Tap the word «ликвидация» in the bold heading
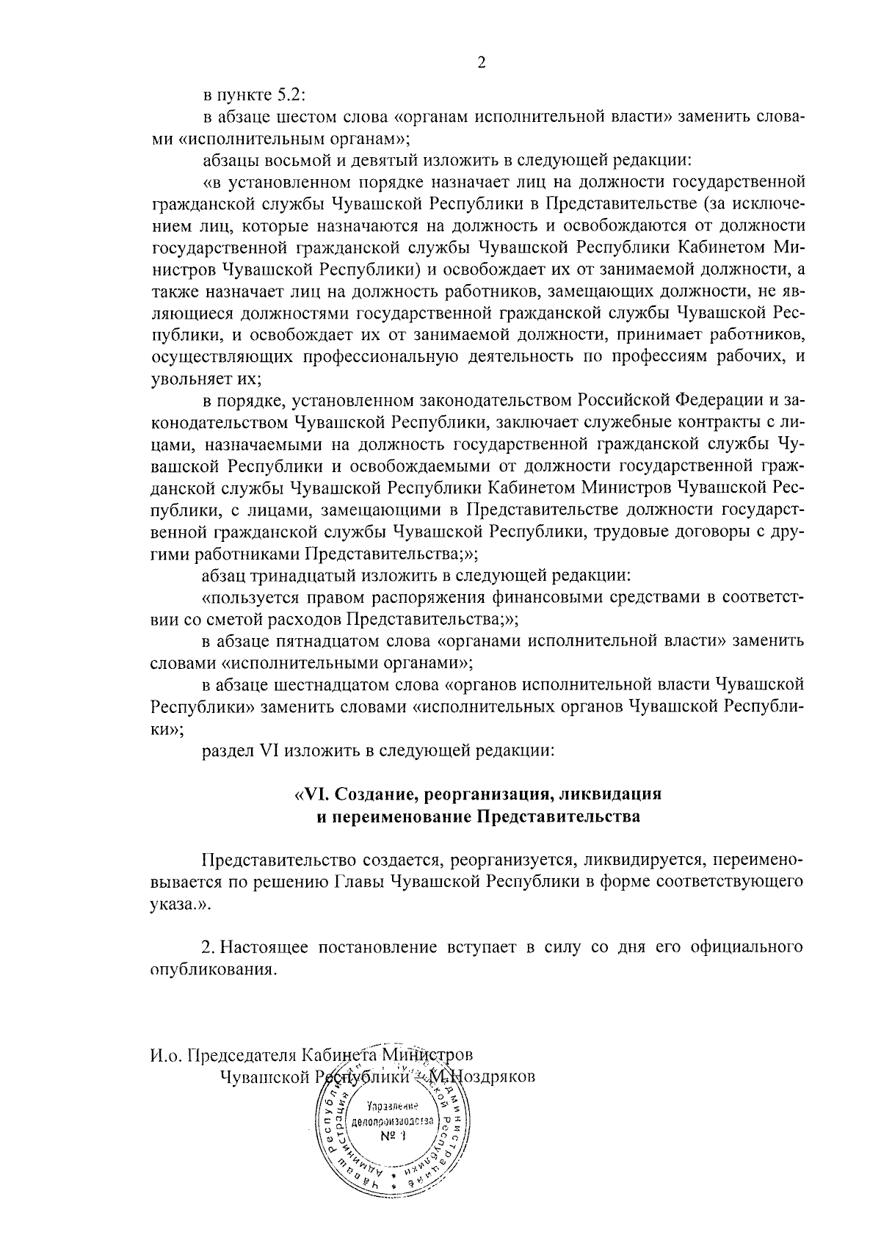[610, 794]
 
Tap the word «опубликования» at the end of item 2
[213, 969]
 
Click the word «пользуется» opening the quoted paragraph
[248, 597]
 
